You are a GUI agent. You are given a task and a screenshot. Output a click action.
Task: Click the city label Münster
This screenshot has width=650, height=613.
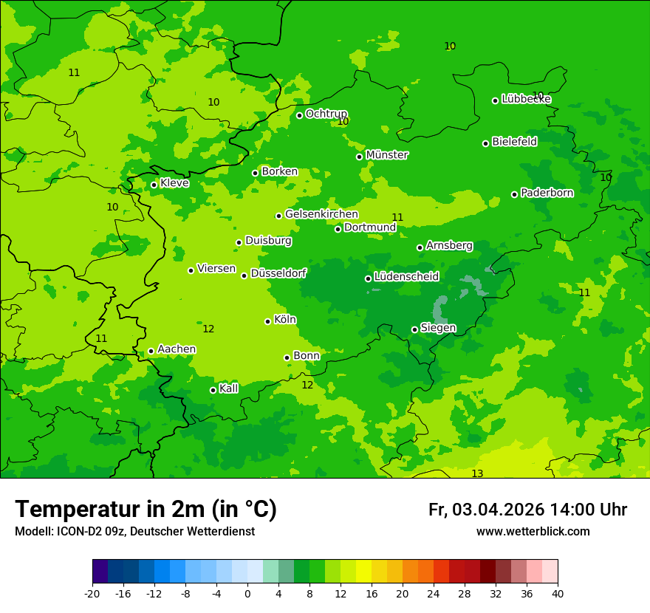[386, 155]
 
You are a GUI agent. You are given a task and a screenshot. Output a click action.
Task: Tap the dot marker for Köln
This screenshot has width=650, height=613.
[267, 321]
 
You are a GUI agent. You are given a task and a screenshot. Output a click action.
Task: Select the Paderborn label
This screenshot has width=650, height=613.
[547, 193]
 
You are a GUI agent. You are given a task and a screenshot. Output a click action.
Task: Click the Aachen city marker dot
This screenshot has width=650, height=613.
[151, 352]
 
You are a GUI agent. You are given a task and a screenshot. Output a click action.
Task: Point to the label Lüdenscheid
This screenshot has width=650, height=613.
[406, 277]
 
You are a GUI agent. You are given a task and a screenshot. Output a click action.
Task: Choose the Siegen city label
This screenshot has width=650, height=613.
[438, 328]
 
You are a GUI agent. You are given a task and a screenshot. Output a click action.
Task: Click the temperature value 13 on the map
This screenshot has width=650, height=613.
[477, 473]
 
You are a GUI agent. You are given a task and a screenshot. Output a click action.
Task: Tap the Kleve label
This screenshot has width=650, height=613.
[174, 183]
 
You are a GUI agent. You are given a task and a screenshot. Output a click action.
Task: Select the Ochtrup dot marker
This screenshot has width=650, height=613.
[299, 115]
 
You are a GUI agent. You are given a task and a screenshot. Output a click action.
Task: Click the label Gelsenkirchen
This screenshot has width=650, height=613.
[321, 214]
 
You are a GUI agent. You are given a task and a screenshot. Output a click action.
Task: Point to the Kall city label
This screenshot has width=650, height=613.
[228, 388]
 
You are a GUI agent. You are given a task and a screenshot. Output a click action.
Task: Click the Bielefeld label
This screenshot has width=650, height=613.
[514, 142]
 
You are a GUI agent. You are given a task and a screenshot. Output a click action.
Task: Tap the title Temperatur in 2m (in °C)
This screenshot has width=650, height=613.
[146, 509]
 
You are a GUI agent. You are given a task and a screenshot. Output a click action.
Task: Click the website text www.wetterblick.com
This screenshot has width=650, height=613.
[533, 531]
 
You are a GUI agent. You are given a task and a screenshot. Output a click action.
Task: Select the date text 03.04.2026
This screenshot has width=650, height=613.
[498, 510]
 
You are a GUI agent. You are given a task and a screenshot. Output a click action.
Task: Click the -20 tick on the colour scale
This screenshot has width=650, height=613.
[92, 593]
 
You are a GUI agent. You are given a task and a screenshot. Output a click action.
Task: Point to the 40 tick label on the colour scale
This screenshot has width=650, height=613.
[557, 593]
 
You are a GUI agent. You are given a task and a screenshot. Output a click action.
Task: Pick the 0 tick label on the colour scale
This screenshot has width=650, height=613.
[247, 593]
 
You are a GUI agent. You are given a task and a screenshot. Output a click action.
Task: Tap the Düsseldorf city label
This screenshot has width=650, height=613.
[278, 273]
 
